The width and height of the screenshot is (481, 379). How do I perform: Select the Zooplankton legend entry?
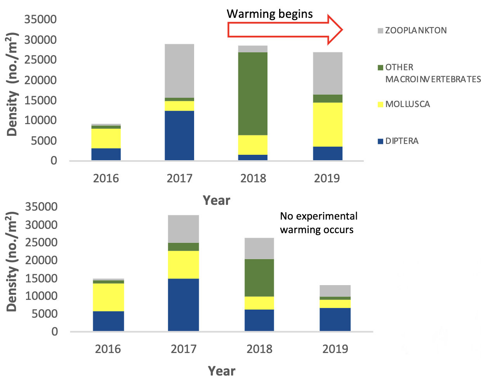415,30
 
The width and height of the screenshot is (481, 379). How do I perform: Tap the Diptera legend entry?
402,141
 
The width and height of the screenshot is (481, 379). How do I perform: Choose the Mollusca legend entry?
407,104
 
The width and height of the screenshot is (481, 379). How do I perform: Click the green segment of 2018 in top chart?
253,93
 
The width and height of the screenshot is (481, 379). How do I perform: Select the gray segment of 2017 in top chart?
179,71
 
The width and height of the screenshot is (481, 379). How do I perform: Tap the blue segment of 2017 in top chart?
179,135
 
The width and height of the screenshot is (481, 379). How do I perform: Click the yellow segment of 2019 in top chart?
328,124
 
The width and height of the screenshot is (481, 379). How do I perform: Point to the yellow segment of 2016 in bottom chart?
108,297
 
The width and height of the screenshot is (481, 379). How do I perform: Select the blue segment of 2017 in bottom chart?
183,305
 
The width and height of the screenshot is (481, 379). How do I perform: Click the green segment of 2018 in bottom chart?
259,278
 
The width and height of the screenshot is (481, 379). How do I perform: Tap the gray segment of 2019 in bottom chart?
335,291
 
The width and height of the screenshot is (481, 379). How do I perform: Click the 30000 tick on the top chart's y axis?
40,40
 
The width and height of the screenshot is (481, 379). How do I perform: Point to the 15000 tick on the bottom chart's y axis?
41,278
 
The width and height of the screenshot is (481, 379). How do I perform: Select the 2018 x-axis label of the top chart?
253,178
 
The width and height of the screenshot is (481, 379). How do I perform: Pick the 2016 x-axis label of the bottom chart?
108,349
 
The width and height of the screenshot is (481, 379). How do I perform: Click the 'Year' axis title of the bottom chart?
221,371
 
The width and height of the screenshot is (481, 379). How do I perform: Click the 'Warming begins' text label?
270,14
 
